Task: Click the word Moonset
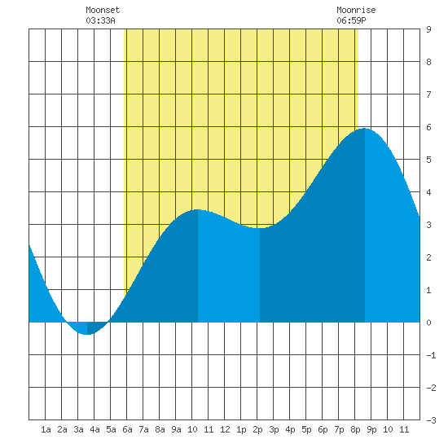click(103, 10)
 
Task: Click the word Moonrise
click(356, 10)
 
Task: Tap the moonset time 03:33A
click(100, 20)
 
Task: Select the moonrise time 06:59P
click(351, 20)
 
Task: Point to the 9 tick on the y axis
click(428, 29)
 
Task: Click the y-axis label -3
click(431, 420)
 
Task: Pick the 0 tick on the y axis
click(428, 323)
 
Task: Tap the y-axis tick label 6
click(428, 127)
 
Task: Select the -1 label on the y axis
click(431, 355)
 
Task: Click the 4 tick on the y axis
click(428, 192)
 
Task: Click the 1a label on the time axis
click(46, 429)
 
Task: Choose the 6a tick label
click(127, 429)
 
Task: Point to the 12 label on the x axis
click(225, 429)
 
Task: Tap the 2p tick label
click(257, 429)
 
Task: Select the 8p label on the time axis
click(355, 429)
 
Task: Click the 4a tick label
click(94, 429)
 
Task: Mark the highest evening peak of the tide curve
click(365, 129)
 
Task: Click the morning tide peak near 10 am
click(198, 209)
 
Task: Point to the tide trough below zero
click(87, 334)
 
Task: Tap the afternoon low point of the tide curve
click(260, 228)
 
